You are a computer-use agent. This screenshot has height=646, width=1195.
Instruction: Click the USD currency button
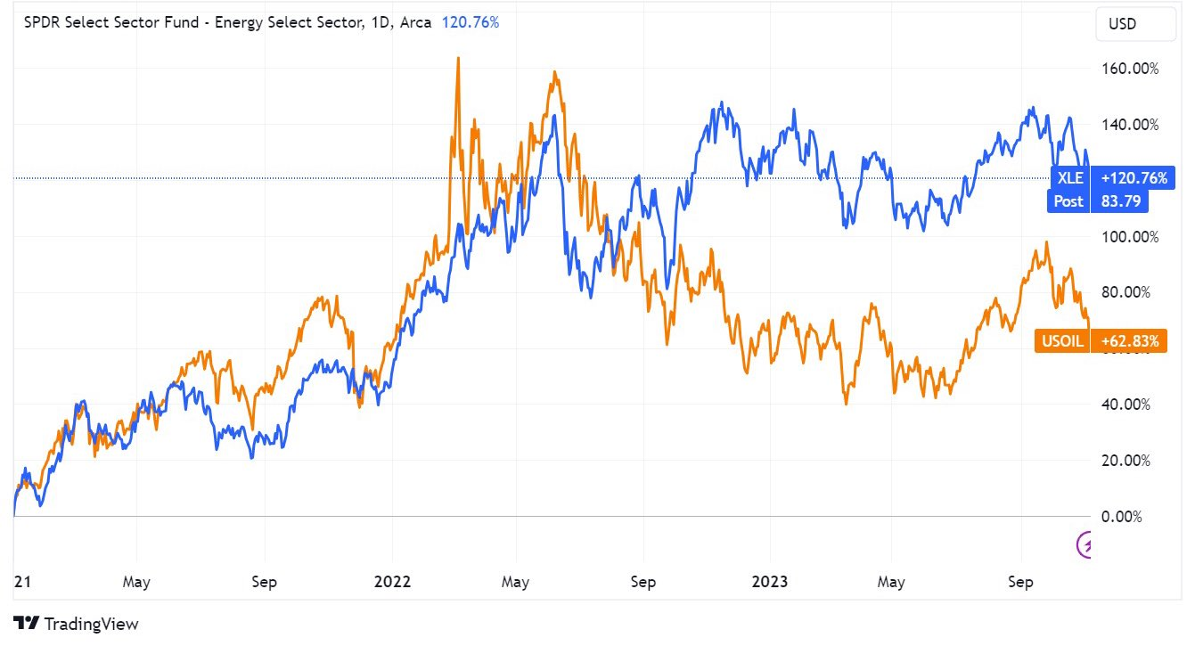(1134, 24)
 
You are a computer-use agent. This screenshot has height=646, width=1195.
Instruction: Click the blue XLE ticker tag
(1068, 178)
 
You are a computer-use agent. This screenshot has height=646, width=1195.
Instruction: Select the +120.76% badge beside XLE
(1134, 178)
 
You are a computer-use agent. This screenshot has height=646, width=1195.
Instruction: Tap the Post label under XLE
(1068, 201)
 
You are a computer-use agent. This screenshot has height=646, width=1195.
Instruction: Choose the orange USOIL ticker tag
(1062, 340)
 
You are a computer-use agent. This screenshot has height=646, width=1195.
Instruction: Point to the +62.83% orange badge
(1129, 340)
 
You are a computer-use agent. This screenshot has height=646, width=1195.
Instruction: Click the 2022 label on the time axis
(392, 582)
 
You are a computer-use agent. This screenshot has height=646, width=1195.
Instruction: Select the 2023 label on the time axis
(770, 582)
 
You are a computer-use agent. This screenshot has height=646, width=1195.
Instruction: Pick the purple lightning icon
(1086, 544)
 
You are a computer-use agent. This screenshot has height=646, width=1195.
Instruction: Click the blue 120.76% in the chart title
(471, 23)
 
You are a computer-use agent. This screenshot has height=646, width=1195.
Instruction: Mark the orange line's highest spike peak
(457, 59)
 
